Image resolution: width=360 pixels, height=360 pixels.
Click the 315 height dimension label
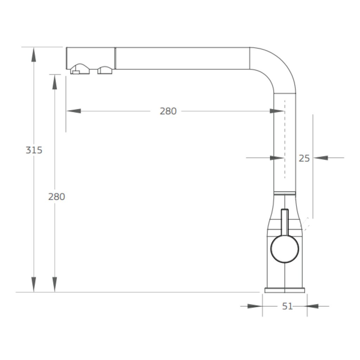[x=34, y=150]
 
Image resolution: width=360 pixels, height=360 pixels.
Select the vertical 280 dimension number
[x=57, y=197]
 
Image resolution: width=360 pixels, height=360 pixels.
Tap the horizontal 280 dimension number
[x=168, y=111]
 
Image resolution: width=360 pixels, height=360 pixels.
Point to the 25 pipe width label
[x=304, y=158]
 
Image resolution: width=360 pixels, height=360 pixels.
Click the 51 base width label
[x=287, y=306]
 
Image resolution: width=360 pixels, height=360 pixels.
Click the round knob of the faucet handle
[x=284, y=249]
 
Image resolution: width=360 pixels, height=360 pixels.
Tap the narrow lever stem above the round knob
[x=284, y=221]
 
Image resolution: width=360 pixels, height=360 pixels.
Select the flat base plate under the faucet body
[x=284, y=290]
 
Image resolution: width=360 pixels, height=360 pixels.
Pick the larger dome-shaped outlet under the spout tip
[x=80, y=69]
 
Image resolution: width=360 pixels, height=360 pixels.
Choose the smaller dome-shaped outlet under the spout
[x=104, y=70]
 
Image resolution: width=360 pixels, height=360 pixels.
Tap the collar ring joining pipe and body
[x=284, y=193]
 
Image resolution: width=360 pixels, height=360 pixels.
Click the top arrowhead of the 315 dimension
[x=34, y=54]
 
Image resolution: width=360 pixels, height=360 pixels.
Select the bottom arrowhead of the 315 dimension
[x=34, y=284]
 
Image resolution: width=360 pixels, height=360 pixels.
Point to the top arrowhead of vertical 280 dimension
[x=54, y=82]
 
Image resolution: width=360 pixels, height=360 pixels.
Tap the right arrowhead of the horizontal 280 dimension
[x=277, y=111]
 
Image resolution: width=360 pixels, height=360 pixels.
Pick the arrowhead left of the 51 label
[x=255, y=306]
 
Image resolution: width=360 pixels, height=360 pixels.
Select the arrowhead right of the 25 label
[x=321, y=158]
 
